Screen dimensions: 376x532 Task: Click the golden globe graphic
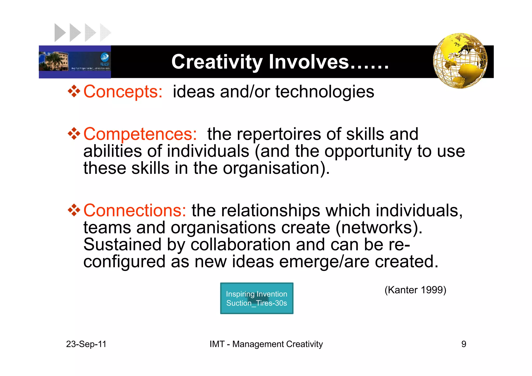[x=460, y=61]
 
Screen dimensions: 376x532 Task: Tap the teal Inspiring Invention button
[x=257, y=298]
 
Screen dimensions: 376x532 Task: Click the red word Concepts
[x=123, y=92]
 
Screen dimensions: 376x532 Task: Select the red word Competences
[x=140, y=134]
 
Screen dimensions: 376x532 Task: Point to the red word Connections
[x=135, y=210]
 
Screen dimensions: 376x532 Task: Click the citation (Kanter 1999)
[x=415, y=290]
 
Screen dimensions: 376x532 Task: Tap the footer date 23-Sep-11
[x=86, y=344]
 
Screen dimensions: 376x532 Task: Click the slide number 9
[x=464, y=344]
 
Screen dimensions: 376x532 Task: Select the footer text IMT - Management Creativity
[x=266, y=344]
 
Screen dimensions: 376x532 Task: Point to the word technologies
[x=325, y=92]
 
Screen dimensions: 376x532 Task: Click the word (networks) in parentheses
[x=379, y=228]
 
